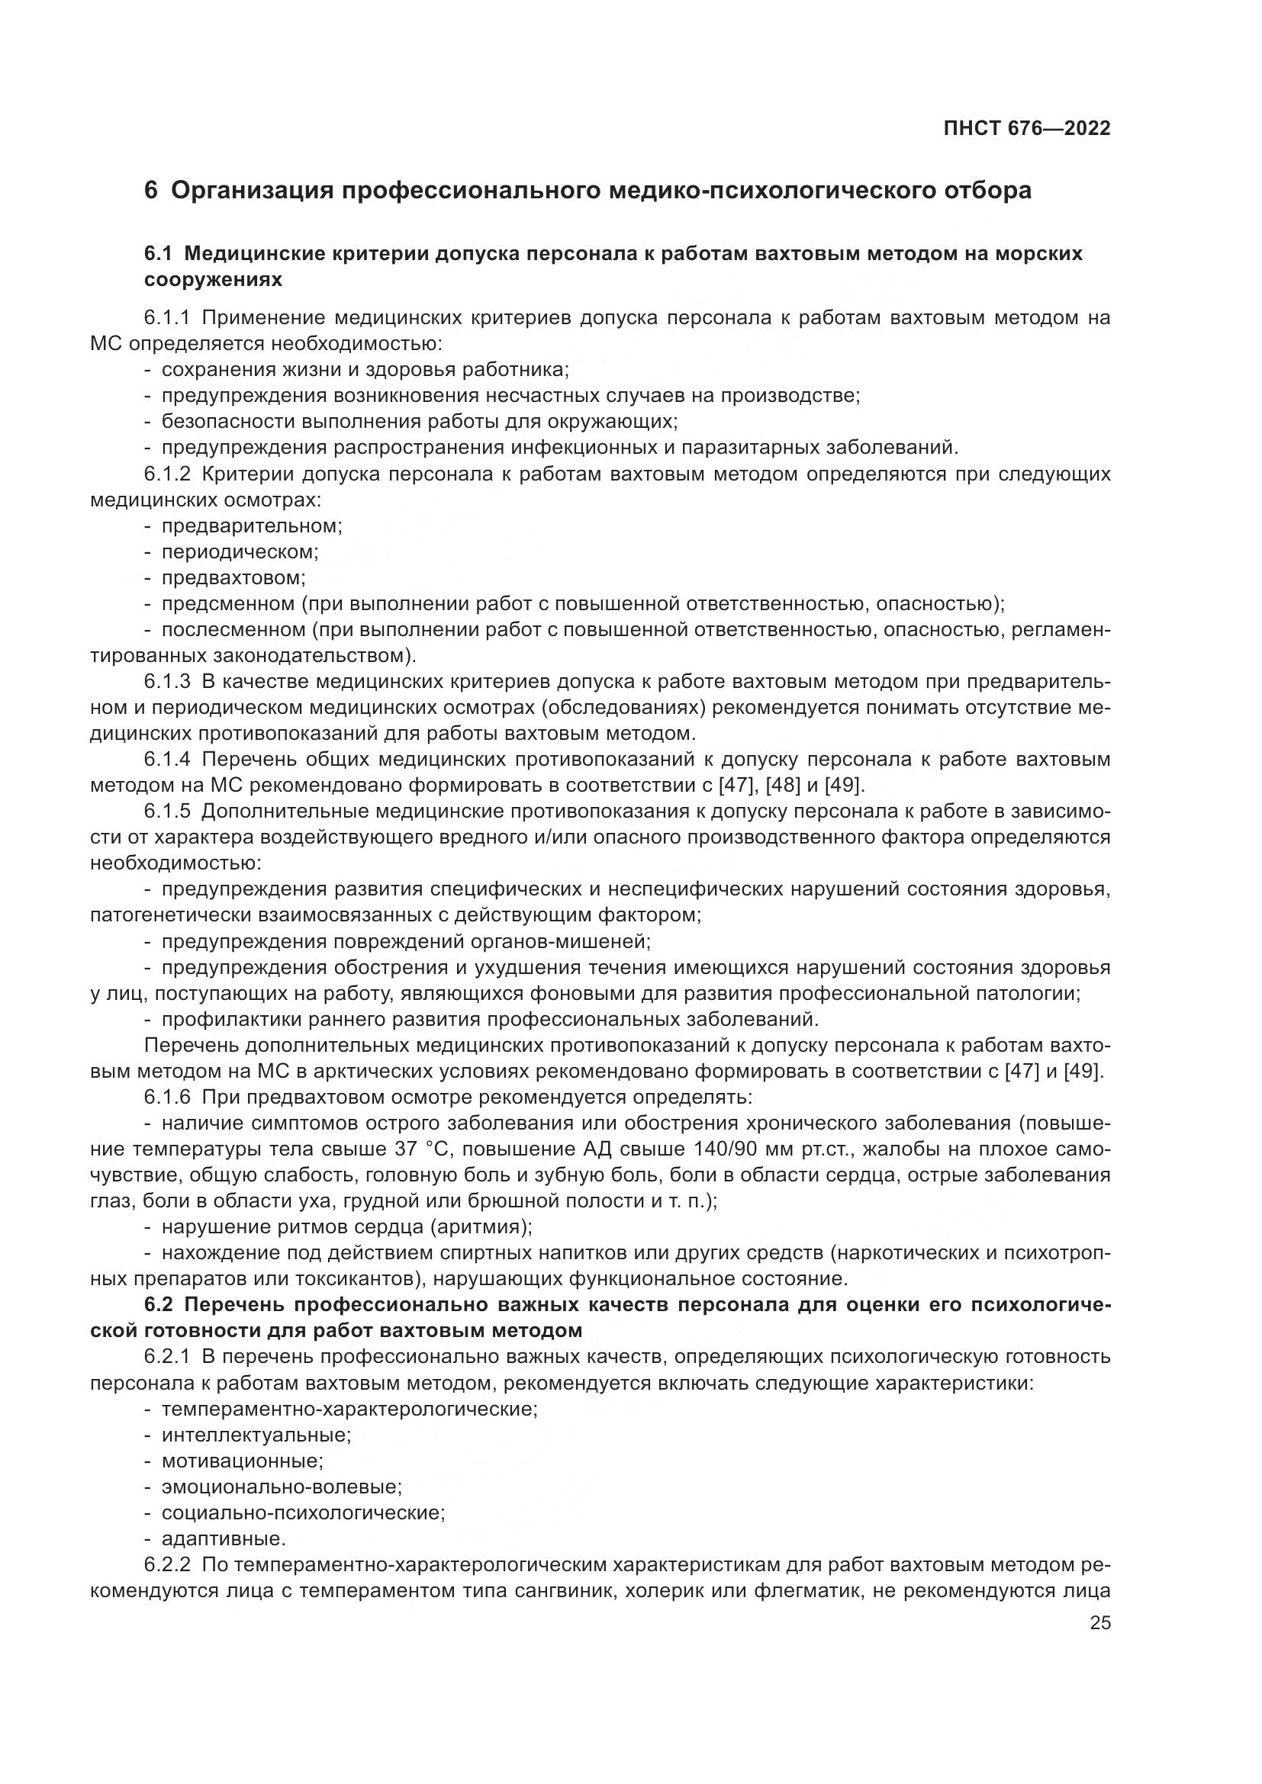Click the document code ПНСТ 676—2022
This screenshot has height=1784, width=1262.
pos(1025,129)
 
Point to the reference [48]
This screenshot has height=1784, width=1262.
pos(783,785)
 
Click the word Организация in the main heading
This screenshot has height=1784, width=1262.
pos(249,191)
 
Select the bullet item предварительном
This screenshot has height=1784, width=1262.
pos(252,526)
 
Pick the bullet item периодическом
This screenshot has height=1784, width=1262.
pos(240,551)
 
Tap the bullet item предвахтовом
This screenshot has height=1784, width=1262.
pos(233,578)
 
